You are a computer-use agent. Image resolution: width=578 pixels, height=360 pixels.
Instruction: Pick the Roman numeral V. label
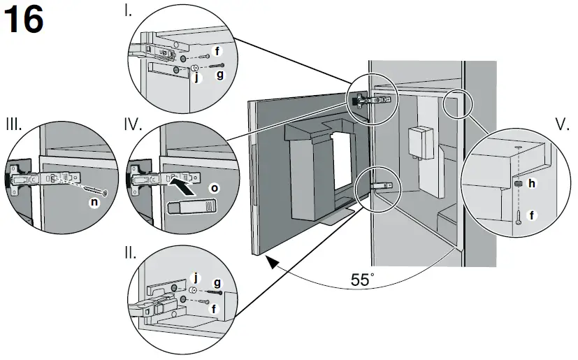click(562, 125)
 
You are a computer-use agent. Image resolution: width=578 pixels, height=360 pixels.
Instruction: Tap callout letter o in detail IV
click(213, 188)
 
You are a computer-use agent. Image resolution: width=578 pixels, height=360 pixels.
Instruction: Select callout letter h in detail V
click(532, 183)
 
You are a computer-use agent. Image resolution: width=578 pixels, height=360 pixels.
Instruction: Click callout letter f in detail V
click(532, 216)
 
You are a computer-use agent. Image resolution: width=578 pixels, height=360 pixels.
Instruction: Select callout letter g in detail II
click(217, 281)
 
